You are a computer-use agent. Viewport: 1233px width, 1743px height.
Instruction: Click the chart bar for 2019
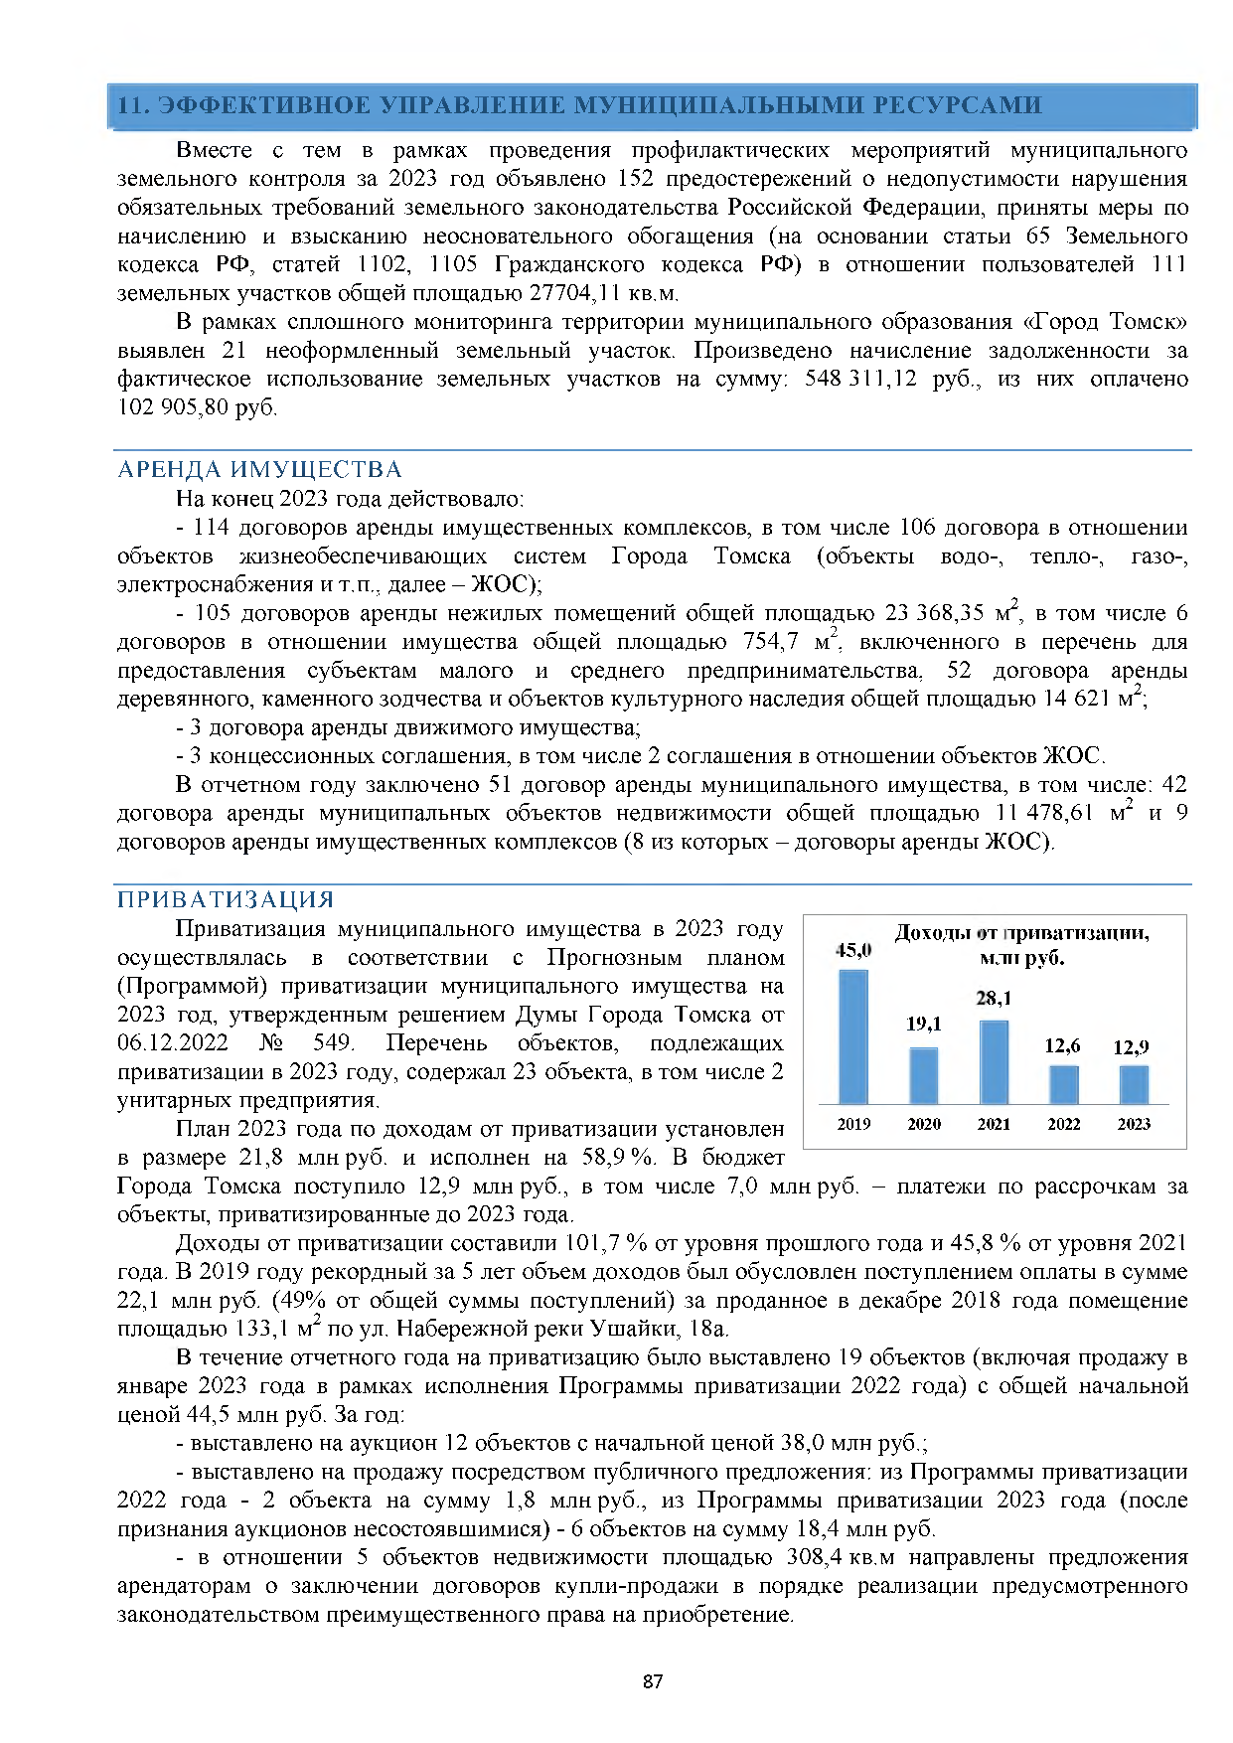853,1036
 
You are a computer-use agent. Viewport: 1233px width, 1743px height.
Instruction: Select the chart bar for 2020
924,1075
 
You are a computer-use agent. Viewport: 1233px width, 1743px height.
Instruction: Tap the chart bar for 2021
994,1061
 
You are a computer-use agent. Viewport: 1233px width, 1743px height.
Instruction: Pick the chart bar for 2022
1064,1084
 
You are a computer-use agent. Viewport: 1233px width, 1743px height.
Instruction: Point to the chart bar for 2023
1134,1084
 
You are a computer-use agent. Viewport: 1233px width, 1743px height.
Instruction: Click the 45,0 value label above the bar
853,950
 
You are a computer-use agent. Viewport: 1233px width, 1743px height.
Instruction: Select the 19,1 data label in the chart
924,1024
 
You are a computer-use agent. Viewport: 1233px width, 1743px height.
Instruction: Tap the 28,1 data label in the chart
994,998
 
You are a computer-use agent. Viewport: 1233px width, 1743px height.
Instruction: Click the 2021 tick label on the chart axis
994,1124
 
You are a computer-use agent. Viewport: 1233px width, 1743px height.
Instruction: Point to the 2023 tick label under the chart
1134,1124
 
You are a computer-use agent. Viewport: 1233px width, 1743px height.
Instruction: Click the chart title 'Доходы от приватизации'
1021,933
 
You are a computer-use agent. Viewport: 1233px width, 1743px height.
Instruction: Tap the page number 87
653,1681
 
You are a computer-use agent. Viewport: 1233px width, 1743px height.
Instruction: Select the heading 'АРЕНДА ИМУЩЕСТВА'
259,470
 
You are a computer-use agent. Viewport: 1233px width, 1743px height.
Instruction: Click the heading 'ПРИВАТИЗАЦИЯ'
226,900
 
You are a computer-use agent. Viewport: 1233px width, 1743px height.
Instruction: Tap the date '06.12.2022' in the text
173,1043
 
